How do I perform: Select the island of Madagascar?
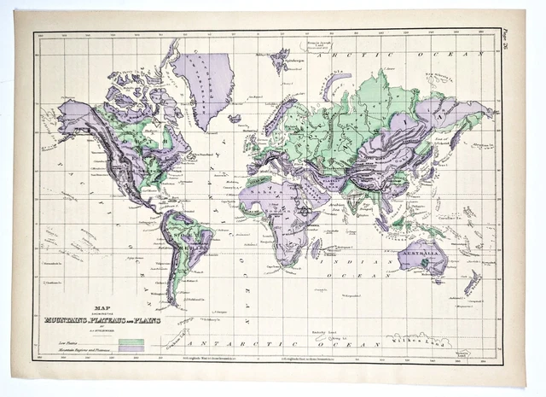pos(317,247)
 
